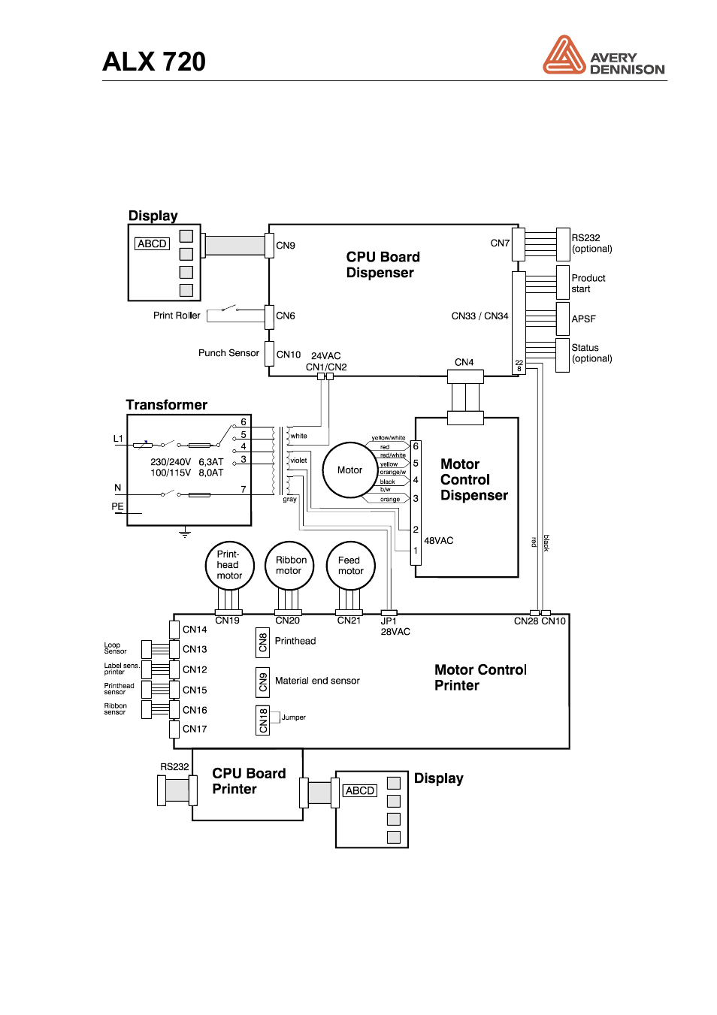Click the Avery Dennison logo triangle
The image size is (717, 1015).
pos(564,56)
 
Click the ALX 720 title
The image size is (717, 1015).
pos(154,62)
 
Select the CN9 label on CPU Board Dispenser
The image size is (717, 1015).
pos(286,246)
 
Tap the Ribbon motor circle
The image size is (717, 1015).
pos(289,566)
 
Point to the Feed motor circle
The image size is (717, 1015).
pos(350,566)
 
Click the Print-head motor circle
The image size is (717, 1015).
pos(229,566)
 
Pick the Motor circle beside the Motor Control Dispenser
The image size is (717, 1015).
pos(349,470)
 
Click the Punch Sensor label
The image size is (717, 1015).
pos(228,353)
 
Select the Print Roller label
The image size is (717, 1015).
pos(177,316)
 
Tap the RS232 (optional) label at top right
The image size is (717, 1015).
pos(591,243)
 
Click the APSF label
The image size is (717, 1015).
pos(583,319)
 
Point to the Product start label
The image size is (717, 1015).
pos(588,283)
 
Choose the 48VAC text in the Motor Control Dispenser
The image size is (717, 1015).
pos(438,541)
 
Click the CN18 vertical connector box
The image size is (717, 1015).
pos(263,720)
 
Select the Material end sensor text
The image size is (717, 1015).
pos(317,681)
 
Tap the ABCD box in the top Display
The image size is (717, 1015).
pos(152,244)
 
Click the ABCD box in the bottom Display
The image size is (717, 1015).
pos(359,791)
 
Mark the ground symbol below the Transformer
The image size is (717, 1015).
pos(185,533)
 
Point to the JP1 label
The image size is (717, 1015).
pos(389,621)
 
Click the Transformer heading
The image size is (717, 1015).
pos(167,405)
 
